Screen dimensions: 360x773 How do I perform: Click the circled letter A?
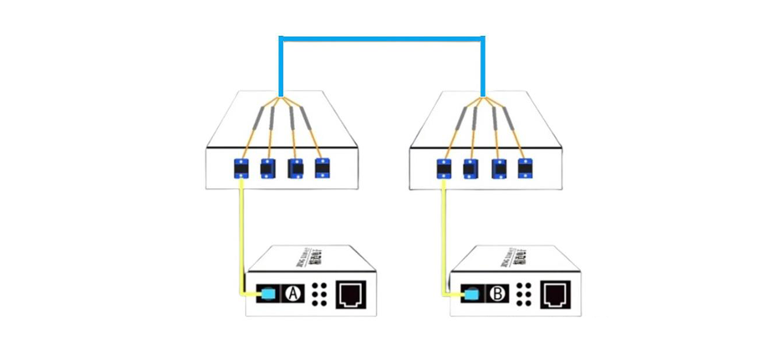(x=292, y=294)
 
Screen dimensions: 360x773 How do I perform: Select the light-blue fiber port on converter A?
(x=268, y=294)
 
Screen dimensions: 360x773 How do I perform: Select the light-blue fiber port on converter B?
(x=473, y=294)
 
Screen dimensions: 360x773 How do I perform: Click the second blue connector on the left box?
(x=268, y=168)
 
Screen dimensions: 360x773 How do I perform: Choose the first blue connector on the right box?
(x=445, y=168)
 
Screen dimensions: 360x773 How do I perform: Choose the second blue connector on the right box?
(x=470, y=168)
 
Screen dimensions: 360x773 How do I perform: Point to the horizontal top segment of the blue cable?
(x=382, y=38)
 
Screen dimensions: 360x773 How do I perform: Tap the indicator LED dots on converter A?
(x=319, y=295)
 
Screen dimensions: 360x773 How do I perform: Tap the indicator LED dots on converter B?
(x=523, y=295)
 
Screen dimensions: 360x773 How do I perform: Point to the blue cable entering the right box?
(x=483, y=71)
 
